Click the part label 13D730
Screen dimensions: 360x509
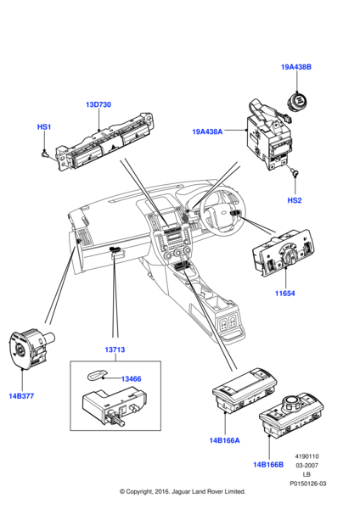click(98, 104)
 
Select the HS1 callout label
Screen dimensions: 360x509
click(44, 126)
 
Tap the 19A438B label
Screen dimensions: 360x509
click(296, 67)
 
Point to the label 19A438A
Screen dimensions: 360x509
click(207, 131)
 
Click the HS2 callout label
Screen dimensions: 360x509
click(295, 200)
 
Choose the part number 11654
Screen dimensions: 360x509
click(285, 294)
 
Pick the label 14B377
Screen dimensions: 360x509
click(21, 396)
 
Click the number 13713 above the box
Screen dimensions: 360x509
click(115, 350)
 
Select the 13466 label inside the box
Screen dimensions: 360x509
click(132, 379)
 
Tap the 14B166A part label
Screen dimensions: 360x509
click(224, 440)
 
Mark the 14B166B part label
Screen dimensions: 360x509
click(268, 465)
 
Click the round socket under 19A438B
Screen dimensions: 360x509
click(298, 101)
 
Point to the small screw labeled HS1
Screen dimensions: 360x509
click(45, 153)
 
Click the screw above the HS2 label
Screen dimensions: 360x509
click(295, 172)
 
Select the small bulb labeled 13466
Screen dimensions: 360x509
click(96, 376)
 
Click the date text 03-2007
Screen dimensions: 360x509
click(307, 465)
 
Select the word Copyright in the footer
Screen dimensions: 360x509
click(138, 491)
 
